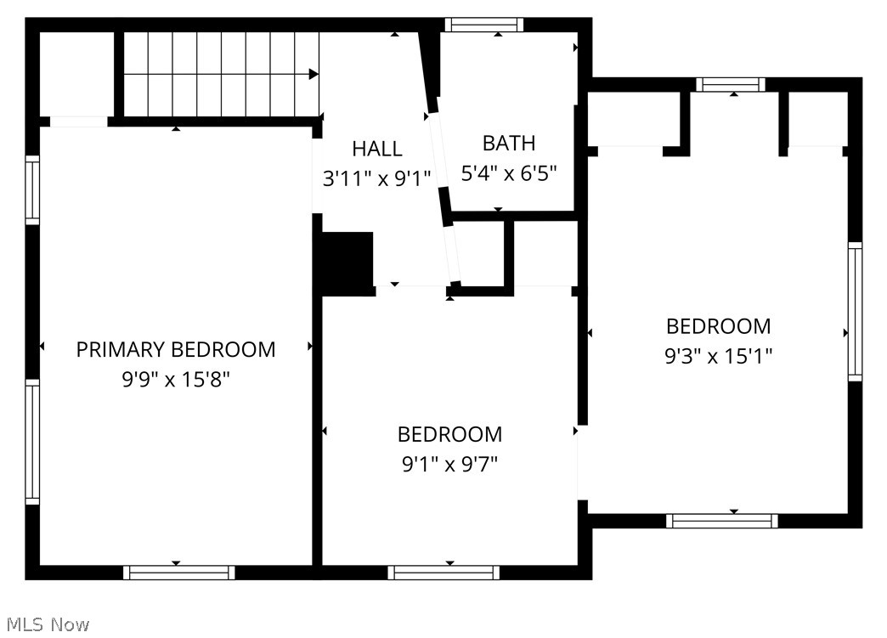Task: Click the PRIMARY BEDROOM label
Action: pos(176,349)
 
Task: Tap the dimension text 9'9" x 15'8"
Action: pos(176,379)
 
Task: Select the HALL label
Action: pos(377,149)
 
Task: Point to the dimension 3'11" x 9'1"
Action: pos(377,178)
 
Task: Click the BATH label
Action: pos(509,143)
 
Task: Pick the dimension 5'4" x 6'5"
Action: pos(509,173)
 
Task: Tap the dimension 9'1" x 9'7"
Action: pos(449,464)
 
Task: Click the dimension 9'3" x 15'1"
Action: pos(718,355)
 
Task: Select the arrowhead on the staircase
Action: pos(314,75)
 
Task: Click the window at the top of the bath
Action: pos(483,25)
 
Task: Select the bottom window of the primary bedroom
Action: pos(179,572)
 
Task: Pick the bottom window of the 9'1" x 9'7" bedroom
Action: pos(443,572)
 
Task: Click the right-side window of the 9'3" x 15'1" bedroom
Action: pos(855,311)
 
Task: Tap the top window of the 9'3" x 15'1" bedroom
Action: pos(730,84)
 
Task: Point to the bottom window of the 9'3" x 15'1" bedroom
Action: pos(722,520)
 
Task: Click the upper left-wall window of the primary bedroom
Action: pos(32,190)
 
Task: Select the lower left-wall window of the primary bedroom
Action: pos(32,441)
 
